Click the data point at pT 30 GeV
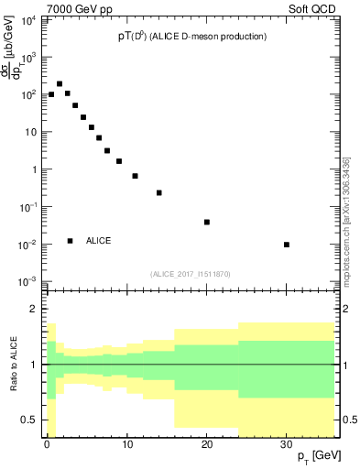click(287, 245)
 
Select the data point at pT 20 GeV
click(207, 222)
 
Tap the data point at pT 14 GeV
click(159, 192)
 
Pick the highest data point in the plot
click(60, 83)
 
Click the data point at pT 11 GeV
click(135, 176)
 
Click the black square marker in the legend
click(71, 241)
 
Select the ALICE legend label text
click(99, 241)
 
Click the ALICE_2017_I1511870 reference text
click(191, 274)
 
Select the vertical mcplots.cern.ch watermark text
click(346, 220)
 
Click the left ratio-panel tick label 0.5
click(30, 420)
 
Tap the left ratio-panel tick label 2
click(35, 310)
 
